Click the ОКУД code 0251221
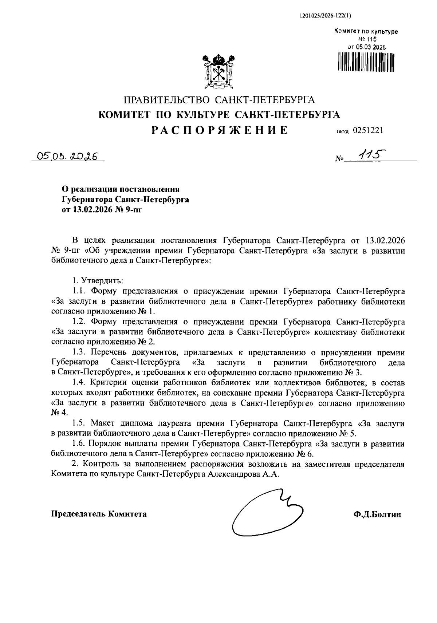click(x=367, y=131)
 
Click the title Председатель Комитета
click(x=99, y=514)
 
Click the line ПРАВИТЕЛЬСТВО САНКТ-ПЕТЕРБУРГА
click(x=219, y=100)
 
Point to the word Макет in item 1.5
click(x=103, y=423)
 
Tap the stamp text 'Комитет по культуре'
click(x=366, y=32)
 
